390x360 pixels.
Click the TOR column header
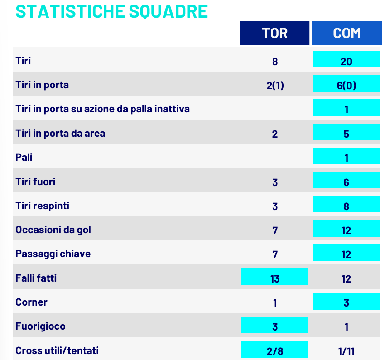coord(274,33)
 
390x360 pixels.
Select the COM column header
coord(347,33)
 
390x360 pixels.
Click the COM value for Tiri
coord(347,61)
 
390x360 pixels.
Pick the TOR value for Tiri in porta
coord(275,85)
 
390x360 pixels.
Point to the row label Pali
coord(24,158)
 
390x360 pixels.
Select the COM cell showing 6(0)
coord(347,85)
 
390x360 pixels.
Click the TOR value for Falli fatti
coord(275,278)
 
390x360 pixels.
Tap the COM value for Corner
coord(347,302)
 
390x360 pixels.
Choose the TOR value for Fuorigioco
coord(275,326)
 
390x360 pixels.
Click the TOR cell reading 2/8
coord(275,350)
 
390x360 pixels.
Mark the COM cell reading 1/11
coord(347,350)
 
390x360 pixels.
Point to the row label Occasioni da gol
coord(53,230)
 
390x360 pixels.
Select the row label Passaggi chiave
coord(53,254)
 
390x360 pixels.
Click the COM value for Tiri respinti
coord(347,206)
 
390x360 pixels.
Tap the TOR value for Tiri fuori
coord(275,182)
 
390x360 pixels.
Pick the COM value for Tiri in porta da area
coord(347,133)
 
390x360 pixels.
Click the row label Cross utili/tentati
coord(57,350)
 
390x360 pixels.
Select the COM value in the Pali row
coord(347,157)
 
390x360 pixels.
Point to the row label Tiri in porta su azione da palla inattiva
coord(102,109)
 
